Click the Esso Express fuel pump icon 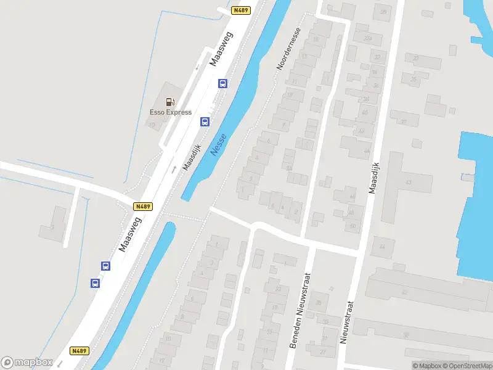[170, 102]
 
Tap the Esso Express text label [171, 112]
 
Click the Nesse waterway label [219, 144]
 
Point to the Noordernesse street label [288, 49]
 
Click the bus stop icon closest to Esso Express [204, 121]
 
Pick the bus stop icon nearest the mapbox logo [96, 283]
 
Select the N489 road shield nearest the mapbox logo [79, 351]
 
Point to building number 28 [318, 302]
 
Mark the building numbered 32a [368, 38]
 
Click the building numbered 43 [408, 183]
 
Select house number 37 [404, 121]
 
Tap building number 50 [352, 226]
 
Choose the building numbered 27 [323, 352]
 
